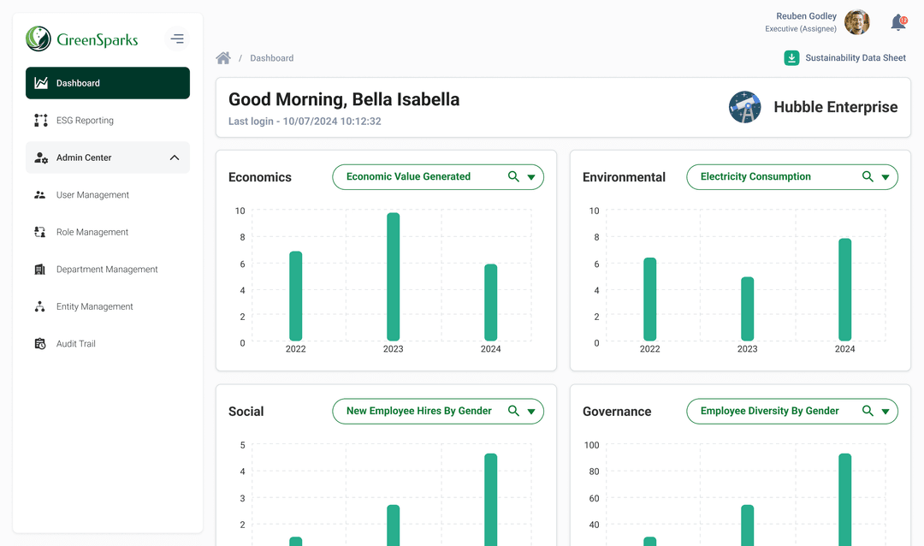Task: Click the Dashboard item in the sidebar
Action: pyautogui.click(x=107, y=83)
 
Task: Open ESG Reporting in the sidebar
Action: pyautogui.click(x=85, y=121)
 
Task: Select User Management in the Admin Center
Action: pyautogui.click(x=92, y=195)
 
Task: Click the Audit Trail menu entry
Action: pyautogui.click(x=75, y=344)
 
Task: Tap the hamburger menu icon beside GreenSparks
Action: pyautogui.click(x=177, y=39)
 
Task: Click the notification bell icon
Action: pyautogui.click(x=897, y=23)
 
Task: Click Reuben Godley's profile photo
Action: pyautogui.click(x=856, y=22)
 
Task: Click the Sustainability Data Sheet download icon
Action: pyautogui.click(x=792, y=58)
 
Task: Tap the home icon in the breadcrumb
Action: pyautogui.click(x=223, y=58)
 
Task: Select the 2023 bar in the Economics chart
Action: pyautogui.click(x=393, y=276)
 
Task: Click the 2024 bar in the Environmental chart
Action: pyautogui.click(x=844, y=289)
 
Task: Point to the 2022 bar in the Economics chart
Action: pyautogui.click(x=296, y=296)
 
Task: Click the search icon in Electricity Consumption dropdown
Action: pyautogui.click(x=868, y=176)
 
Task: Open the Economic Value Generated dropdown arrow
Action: pyautogui.click(x=531, y=177)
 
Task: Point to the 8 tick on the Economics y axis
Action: pyautogui.click(x=242, y=237)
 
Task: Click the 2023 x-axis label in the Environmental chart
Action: pyautogui.click(x=747, y=349)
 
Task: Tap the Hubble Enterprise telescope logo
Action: pyautogui.click(x=744, y=107)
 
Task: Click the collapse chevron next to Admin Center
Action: pyautogui.click(x=175, y=157)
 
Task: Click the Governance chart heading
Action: pyautogui.click(x=617, y=412)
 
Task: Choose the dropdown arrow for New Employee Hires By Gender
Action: pyautogui.click(x=531, y=412)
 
